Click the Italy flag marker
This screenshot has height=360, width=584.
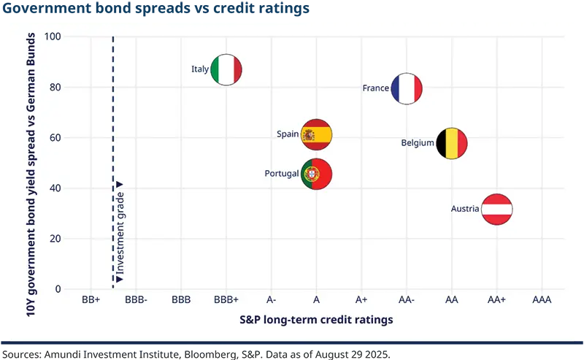coord(226,70)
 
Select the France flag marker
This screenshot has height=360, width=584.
coord(407,88)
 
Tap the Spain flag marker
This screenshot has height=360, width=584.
coord(317,134)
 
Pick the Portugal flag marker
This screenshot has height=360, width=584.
coord(317,174)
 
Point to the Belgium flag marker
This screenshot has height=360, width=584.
coord(452,144)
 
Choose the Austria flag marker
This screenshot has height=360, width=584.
coord(497,210)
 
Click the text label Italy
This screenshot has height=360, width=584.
coord(200,69)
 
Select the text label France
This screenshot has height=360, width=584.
coord(375,88)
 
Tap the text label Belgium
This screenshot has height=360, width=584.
coord(418,143)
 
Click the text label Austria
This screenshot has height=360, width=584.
coord(465,209)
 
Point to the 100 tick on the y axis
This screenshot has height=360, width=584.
coord(53,37)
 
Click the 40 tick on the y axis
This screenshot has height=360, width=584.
coord(55,188)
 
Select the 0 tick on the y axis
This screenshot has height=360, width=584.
coord(58,289)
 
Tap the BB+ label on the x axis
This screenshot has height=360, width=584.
coord(91,300)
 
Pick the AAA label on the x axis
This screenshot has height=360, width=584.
coord(542,300)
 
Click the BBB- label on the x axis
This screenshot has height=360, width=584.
coord(136,300)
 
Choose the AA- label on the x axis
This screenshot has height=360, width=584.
coord(407,300)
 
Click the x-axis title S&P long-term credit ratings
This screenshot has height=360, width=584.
coord(316,320)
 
